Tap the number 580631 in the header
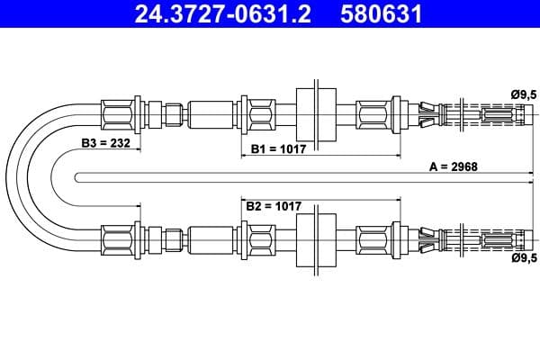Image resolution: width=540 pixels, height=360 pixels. (382, 14)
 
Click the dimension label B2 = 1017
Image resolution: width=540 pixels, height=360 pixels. (274, 206)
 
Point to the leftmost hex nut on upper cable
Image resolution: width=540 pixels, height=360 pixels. (118, 113)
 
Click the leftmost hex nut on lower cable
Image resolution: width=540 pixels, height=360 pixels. (118, 240)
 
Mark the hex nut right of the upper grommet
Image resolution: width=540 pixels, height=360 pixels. (372, 113)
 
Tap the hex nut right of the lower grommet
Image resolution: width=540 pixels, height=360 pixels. (372, 240)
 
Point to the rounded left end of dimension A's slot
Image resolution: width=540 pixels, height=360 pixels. (79, 176)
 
